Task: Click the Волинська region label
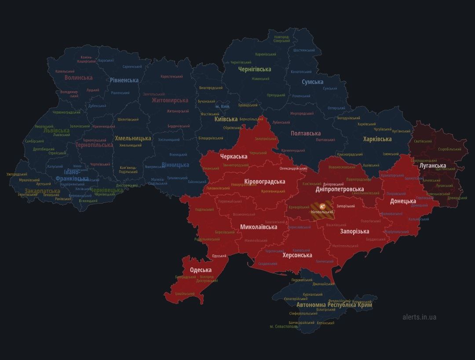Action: coord(78,77)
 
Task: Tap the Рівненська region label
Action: coord(124,80)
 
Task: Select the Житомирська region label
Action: coord(170,100)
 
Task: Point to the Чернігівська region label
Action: coord(254,69)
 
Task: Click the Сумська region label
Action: coord(312,82)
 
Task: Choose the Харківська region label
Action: coord(377,139)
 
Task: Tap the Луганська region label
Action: coord(432,166)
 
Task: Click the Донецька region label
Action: coord(403,202)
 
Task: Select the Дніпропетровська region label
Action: coord(340,189)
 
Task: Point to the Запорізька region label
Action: coord(354,231)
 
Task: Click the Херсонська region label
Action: coord(297,255)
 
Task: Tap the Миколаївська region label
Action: coord(259,227)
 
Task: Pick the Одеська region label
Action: coord(200,270)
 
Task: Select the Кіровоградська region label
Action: coord(264,181)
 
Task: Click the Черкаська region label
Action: coord(234,156)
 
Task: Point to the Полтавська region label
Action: coord(305,133)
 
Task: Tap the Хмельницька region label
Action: coord(133,138)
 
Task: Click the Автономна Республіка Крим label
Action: coord(334,305)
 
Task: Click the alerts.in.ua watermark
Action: coord(419,317)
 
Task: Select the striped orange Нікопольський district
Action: coord(322,210)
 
